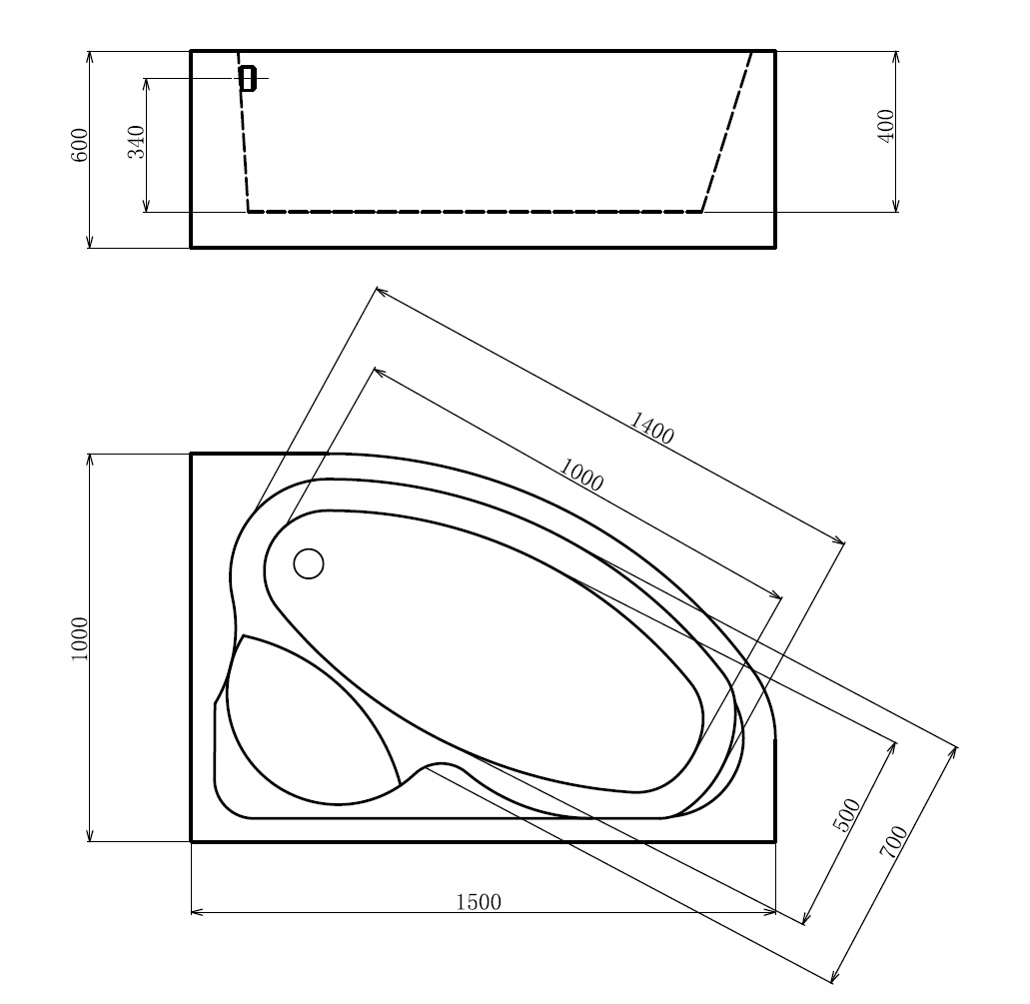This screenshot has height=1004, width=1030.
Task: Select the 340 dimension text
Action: point(138,141)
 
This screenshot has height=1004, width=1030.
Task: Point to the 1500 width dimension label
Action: point(479,903)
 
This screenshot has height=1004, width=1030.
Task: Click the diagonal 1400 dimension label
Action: point(652,429)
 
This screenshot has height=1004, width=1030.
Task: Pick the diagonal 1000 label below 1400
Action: point(580,476)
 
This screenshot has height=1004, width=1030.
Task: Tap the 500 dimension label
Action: point(846,815)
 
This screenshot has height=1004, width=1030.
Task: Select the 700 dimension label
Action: point(892,841)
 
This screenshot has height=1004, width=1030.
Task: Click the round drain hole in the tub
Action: point(309,563)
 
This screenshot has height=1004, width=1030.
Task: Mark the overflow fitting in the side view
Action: point(248,78)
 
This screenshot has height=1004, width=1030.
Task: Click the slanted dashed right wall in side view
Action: point(727,130)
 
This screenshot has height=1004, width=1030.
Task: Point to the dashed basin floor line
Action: point(475,212)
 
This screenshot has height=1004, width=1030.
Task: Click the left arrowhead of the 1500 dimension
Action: point(195,912)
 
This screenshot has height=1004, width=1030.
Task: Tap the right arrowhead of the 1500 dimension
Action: point(772,912)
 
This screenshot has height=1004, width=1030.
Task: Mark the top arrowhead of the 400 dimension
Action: point(896,54)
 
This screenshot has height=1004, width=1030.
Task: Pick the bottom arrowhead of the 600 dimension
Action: point(90,243)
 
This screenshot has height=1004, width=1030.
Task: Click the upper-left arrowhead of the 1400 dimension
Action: point(380,291)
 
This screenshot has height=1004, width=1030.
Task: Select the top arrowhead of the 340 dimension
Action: point(147,82)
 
